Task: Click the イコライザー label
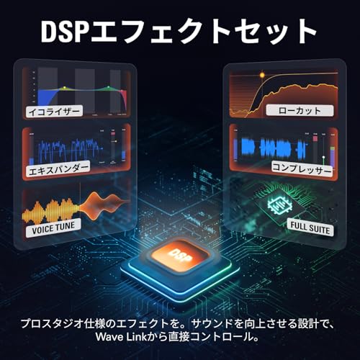pos(54,111)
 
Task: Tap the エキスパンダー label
pos(58,168)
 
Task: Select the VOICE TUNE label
pos(53,228)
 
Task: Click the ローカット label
pos(300,111)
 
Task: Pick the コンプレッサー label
pos(302,169)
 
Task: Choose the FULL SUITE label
pos(310,228)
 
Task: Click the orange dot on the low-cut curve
pos(262,76)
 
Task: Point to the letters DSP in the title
pos(63,32)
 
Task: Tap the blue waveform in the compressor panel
pos(274,148)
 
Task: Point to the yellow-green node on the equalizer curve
pos(64,87)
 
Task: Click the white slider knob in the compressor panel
pos(323,158)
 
